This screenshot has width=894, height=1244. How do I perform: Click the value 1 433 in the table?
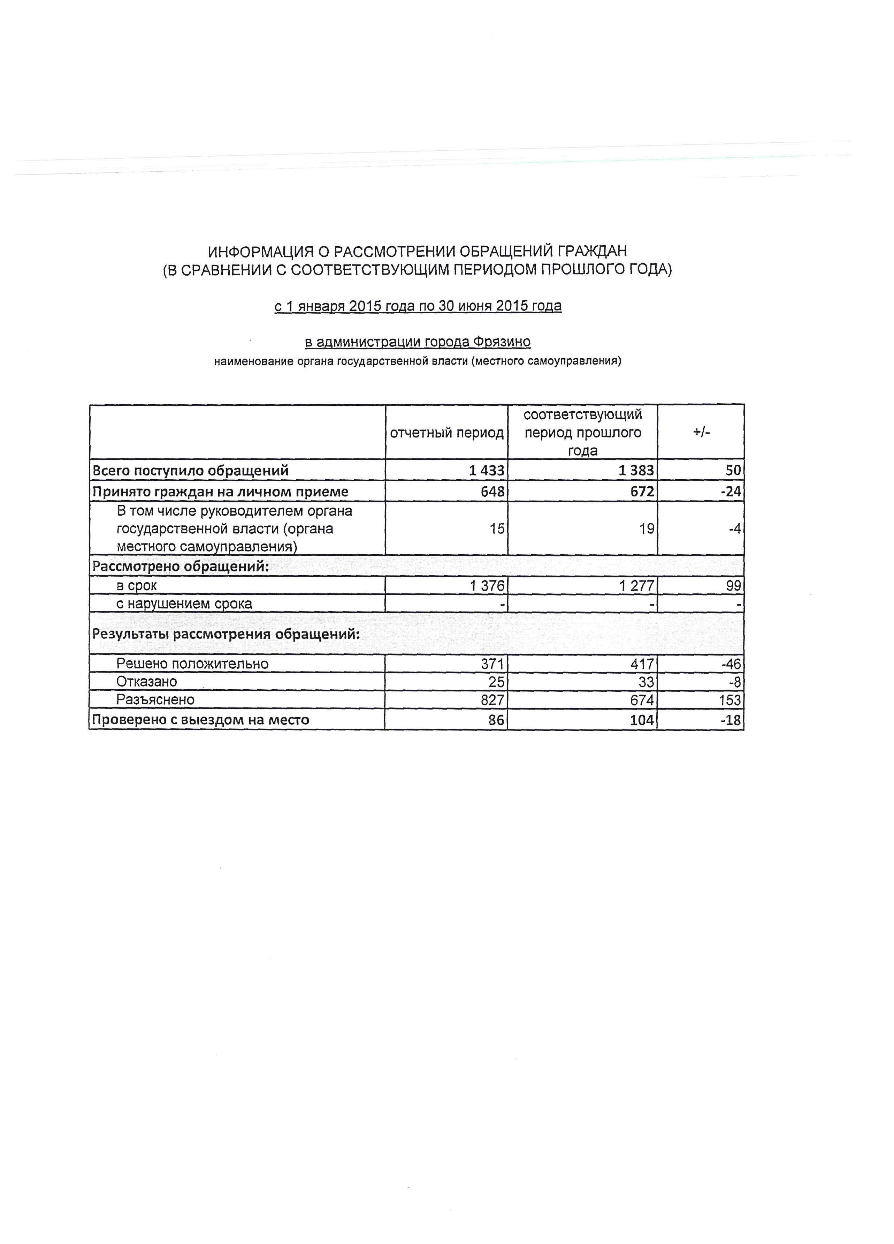click(x=486, y=471)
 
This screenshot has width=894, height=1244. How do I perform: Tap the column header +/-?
click(x=701, y=432)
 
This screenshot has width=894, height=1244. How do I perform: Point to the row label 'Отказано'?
click(x=146, y=682)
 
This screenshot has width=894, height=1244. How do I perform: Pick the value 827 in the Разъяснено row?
click(x=492, y=700)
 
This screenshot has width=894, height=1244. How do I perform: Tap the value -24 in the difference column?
click(x=731, y=492)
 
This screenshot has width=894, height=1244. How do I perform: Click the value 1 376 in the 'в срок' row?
click(x=487, y=586)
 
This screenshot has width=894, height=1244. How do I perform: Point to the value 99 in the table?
click(x=733, y=586)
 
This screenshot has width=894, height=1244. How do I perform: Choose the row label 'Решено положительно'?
click(x=192, y=664)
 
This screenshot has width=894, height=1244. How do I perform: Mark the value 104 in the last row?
click(x=642, y=720)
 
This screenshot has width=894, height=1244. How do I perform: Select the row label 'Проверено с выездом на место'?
click(x=201, y=720)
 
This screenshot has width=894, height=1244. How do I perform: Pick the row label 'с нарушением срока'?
click(x=184, y=604)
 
